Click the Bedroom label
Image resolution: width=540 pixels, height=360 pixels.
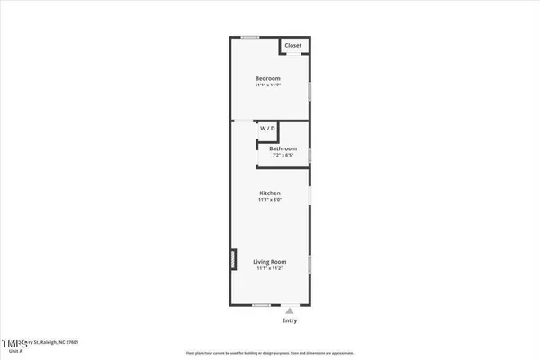[x=269, y=77]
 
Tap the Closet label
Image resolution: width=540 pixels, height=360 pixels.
[x=293, y=46]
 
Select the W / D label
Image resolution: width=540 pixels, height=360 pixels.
[x=268, y=129]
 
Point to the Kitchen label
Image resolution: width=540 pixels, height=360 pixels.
[x=270, y=193]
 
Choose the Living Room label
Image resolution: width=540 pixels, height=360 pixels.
[x=270, y=261]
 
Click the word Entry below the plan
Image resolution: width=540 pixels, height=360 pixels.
[x=289, y=321]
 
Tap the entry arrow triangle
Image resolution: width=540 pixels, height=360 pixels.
[x=289, y=311]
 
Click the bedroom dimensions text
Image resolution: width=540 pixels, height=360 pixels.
[x=269, y=85]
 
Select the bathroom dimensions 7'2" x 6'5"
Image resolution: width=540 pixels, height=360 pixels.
[x=283, y=155]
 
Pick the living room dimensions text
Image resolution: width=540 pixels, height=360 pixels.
[x=270, y=268]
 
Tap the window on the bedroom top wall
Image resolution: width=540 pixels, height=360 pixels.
[x=251, y=36]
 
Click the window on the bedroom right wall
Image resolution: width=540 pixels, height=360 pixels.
[x=310, y=92]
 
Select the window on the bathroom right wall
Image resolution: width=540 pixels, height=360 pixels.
[x=310, y=155]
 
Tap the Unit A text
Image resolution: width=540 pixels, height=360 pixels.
[x=15, y=352]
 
